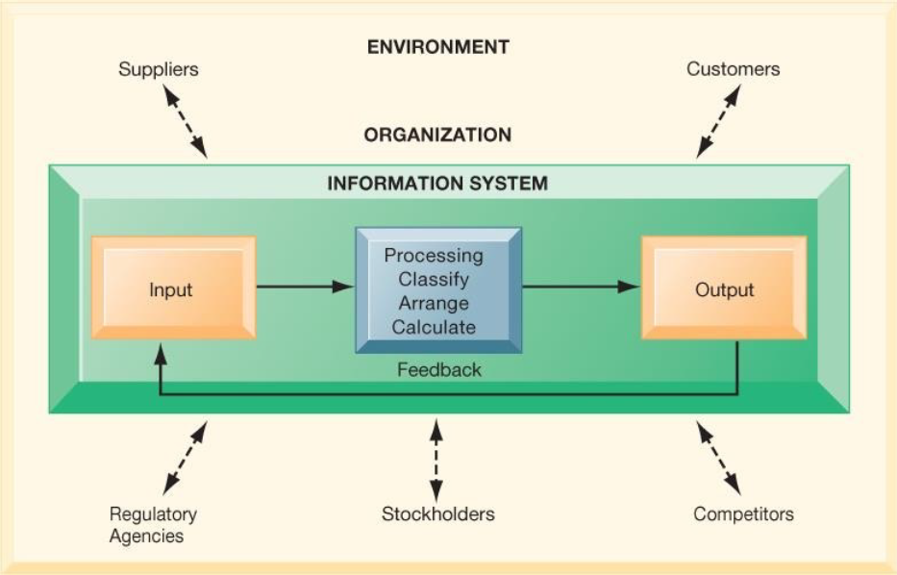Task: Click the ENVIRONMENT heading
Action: (438, 47)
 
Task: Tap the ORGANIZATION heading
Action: (437, 135)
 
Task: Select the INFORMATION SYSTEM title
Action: (437, 183)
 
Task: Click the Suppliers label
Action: (159, 69)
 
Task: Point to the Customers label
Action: (733, 69)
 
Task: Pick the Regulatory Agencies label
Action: (153, 525)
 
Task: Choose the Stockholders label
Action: (438, 513)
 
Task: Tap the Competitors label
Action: (743, 513)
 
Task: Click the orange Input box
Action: (173, 287)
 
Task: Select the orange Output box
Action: (724, 287)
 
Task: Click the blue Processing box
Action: (438, 290)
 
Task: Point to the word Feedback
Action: (439, 369)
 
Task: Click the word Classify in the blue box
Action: (434, 279)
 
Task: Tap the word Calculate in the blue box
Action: (434, 327)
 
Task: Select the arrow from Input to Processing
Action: (306, 287)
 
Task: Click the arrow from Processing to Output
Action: (582, 287)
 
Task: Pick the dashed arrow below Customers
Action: (718, 121)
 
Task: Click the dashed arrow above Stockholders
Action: (436, 461)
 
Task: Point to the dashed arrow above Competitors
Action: (718, 458)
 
